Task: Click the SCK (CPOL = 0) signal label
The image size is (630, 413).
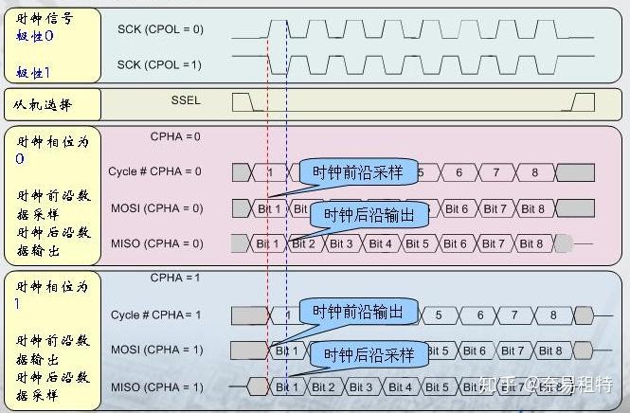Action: pos(160,29)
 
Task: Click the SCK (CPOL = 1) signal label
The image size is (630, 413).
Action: pos(160,63)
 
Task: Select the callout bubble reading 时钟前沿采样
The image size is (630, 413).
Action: pos(357,172)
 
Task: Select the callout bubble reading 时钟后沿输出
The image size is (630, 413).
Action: pos(369,215)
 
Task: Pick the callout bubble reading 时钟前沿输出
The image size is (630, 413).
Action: pos(357,311)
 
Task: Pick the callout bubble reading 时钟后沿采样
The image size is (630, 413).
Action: pos(369,355)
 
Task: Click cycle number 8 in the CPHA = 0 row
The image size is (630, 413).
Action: pos(534,172)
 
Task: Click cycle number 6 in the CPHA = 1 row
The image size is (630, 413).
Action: pos(480,314)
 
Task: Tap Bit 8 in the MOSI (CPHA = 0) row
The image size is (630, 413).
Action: pos(532,208)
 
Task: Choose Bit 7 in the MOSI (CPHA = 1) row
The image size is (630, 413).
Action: pos(512,350)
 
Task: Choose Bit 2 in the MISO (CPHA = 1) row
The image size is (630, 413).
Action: pos(323,386)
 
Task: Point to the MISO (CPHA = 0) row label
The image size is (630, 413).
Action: pos(157,243)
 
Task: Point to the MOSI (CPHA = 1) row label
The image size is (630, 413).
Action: pos(157,350)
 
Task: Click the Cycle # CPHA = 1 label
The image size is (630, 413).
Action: pos(156,314)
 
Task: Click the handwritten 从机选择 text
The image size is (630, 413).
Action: pos(44,105)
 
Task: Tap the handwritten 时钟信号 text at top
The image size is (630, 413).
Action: pos(44,18)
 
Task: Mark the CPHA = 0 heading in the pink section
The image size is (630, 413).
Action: pos(175,136)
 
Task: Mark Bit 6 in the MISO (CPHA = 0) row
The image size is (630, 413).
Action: pos(456,243)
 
